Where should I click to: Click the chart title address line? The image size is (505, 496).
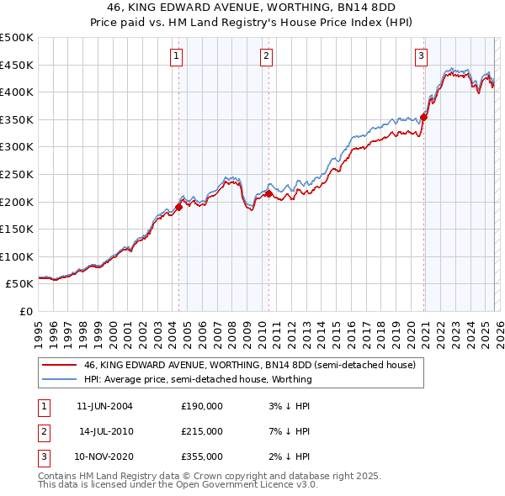click(252, 8)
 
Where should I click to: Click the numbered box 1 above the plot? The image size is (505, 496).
click(177, 56)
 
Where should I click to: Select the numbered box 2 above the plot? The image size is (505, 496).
click(266, 56)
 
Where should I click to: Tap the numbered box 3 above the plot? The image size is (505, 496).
click(421, 56)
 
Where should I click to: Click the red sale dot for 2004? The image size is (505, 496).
click(178, 207)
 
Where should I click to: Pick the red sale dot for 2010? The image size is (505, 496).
click(268, 193)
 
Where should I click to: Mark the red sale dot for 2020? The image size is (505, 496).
click(424, 117)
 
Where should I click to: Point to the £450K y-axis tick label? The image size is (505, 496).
click(17, 65)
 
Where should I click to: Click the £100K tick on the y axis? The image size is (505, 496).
click(17, 256)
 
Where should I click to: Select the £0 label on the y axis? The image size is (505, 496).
click(26, 311)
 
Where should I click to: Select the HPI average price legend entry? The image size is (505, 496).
click(198, 379)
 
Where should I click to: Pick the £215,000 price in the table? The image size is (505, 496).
click(202, 431)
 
